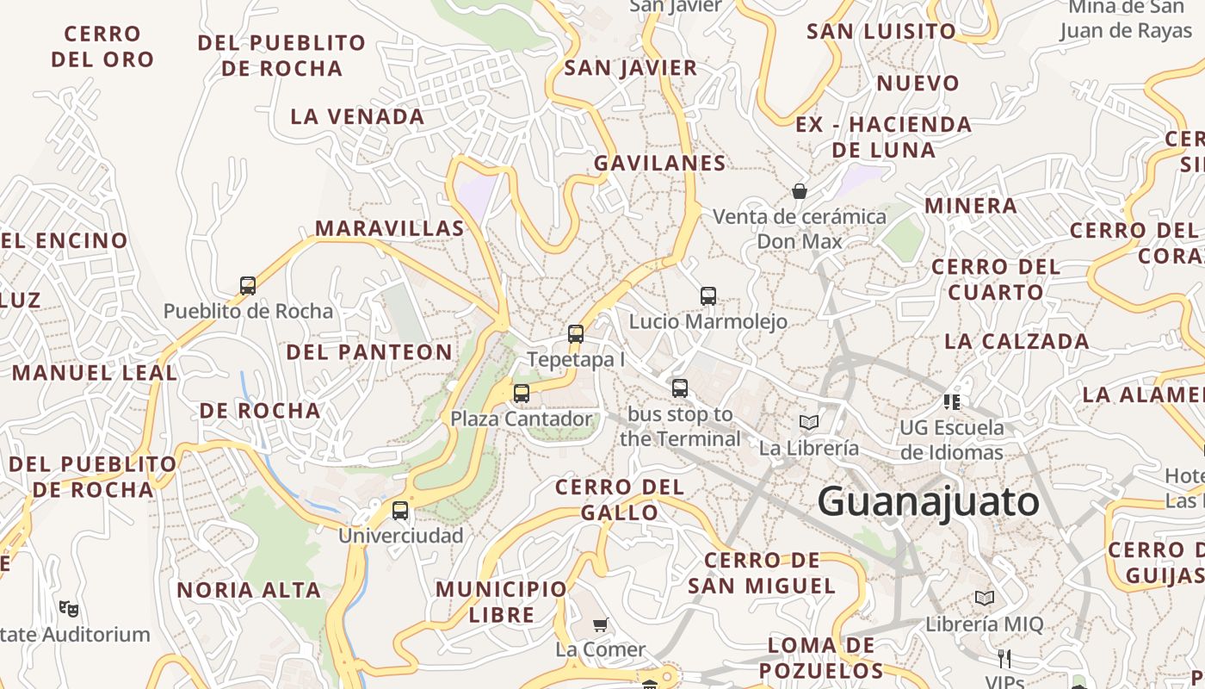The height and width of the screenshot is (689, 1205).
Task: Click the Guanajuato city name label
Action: [x=929, y=501]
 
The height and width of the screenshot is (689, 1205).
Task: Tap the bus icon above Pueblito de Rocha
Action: [x=248, y=285]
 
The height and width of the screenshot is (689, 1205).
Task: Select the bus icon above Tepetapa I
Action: [x=576, y=334]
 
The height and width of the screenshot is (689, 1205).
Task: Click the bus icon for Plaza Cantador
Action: [x=522, y=394]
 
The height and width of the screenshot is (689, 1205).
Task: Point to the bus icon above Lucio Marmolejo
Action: [x=708, y=296]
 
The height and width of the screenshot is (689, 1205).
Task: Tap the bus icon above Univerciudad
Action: [x=400, y=510]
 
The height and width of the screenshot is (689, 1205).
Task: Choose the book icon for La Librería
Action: [x=808, y=422]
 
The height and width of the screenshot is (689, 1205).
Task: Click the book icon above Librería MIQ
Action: [x=985, y=598]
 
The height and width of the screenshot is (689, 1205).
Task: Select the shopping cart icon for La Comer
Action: [x=600, y=624]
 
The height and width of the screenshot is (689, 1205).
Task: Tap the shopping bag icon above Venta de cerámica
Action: [x=800, y=190]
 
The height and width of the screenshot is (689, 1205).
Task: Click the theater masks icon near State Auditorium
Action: [x=69, y=609]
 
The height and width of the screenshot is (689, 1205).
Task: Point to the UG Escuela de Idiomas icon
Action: [x=952, y=401]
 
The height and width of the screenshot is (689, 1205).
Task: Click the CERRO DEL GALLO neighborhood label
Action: [x=620, y=500]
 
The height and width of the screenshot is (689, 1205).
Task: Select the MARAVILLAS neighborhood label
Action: [x=389, y=228]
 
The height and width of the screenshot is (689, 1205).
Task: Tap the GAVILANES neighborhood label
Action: [x=659, y=163]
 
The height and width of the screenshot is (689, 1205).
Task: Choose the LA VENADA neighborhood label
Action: [x=357, y=116]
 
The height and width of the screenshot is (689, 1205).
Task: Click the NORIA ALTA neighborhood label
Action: [x=249, y=590]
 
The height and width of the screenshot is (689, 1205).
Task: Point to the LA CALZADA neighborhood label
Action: [x=1017, y=341]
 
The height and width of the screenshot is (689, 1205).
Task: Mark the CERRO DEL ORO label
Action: [x=102, y=47]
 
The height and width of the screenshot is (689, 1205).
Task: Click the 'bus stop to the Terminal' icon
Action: [x=680, y=388]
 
